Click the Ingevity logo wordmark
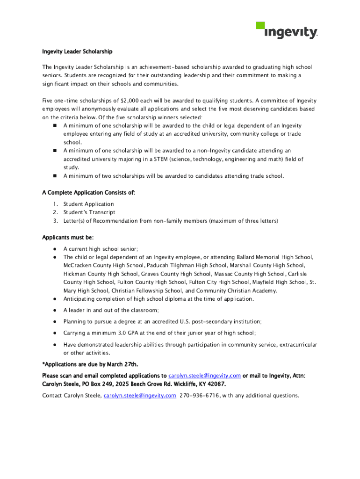click(291, 33)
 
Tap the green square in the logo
click(260, 26)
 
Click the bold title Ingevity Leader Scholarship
click(77, 51)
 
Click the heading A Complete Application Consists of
click(88, 192)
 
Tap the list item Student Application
click(88, 204)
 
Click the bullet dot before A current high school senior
click(55, 249)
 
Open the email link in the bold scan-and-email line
click(204, 376)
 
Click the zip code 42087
click(215, 384)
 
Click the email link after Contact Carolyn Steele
click(140, 395)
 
